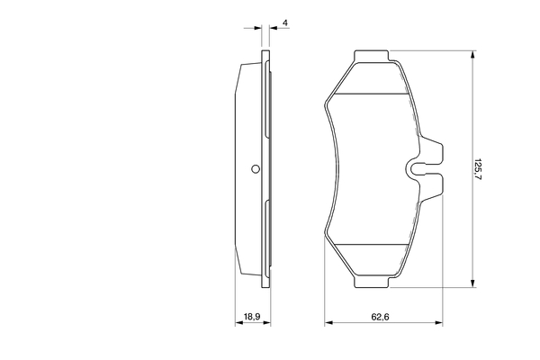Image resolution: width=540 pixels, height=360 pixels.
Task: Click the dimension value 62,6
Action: tap(384, 316)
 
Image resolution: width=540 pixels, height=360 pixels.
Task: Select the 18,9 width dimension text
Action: tap(253, 316)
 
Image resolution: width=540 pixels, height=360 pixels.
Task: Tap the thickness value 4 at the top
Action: tap(284, 22)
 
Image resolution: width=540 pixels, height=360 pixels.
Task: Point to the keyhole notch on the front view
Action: tap(418, 166)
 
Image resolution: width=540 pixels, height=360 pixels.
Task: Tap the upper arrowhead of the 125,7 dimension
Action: tap(472, 55)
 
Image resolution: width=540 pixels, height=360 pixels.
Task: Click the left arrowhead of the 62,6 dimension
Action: tap(328, 322)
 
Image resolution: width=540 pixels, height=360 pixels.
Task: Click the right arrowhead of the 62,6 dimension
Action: tap(440, 322)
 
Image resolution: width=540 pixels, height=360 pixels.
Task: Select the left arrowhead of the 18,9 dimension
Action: tap(238, 322)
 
